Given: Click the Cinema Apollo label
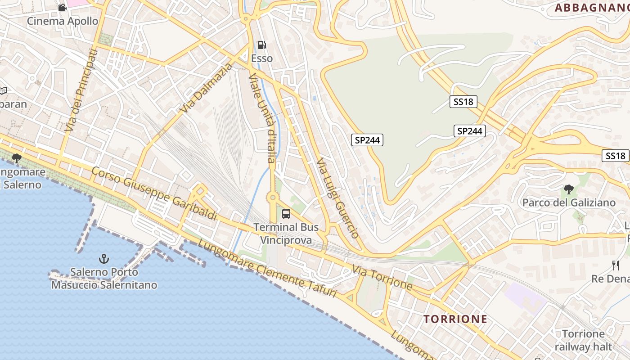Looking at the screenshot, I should point(63,21).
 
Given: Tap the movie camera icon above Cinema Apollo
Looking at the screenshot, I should point(62,7).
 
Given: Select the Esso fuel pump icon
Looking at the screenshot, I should point(261,45).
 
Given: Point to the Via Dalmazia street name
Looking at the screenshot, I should point(207,88).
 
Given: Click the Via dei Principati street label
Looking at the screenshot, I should point(81,90).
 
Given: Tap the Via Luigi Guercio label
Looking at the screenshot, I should point(337,198).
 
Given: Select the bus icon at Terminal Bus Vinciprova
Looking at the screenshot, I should point(286,214).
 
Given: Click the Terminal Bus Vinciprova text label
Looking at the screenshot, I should point(286,234).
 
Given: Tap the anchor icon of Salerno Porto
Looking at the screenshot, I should point(104,259).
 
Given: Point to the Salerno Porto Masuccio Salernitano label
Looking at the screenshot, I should point(104,279).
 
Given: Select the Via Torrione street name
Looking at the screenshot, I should point(382,277).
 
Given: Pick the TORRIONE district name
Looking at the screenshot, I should point(455,319).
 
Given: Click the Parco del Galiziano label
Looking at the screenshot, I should point(569,202).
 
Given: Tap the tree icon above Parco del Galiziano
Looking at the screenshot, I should point(569,189).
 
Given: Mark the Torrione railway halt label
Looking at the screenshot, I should point(583,340).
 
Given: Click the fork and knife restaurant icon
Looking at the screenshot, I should point(616,265).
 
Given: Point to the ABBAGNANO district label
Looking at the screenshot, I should point(591,8).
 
